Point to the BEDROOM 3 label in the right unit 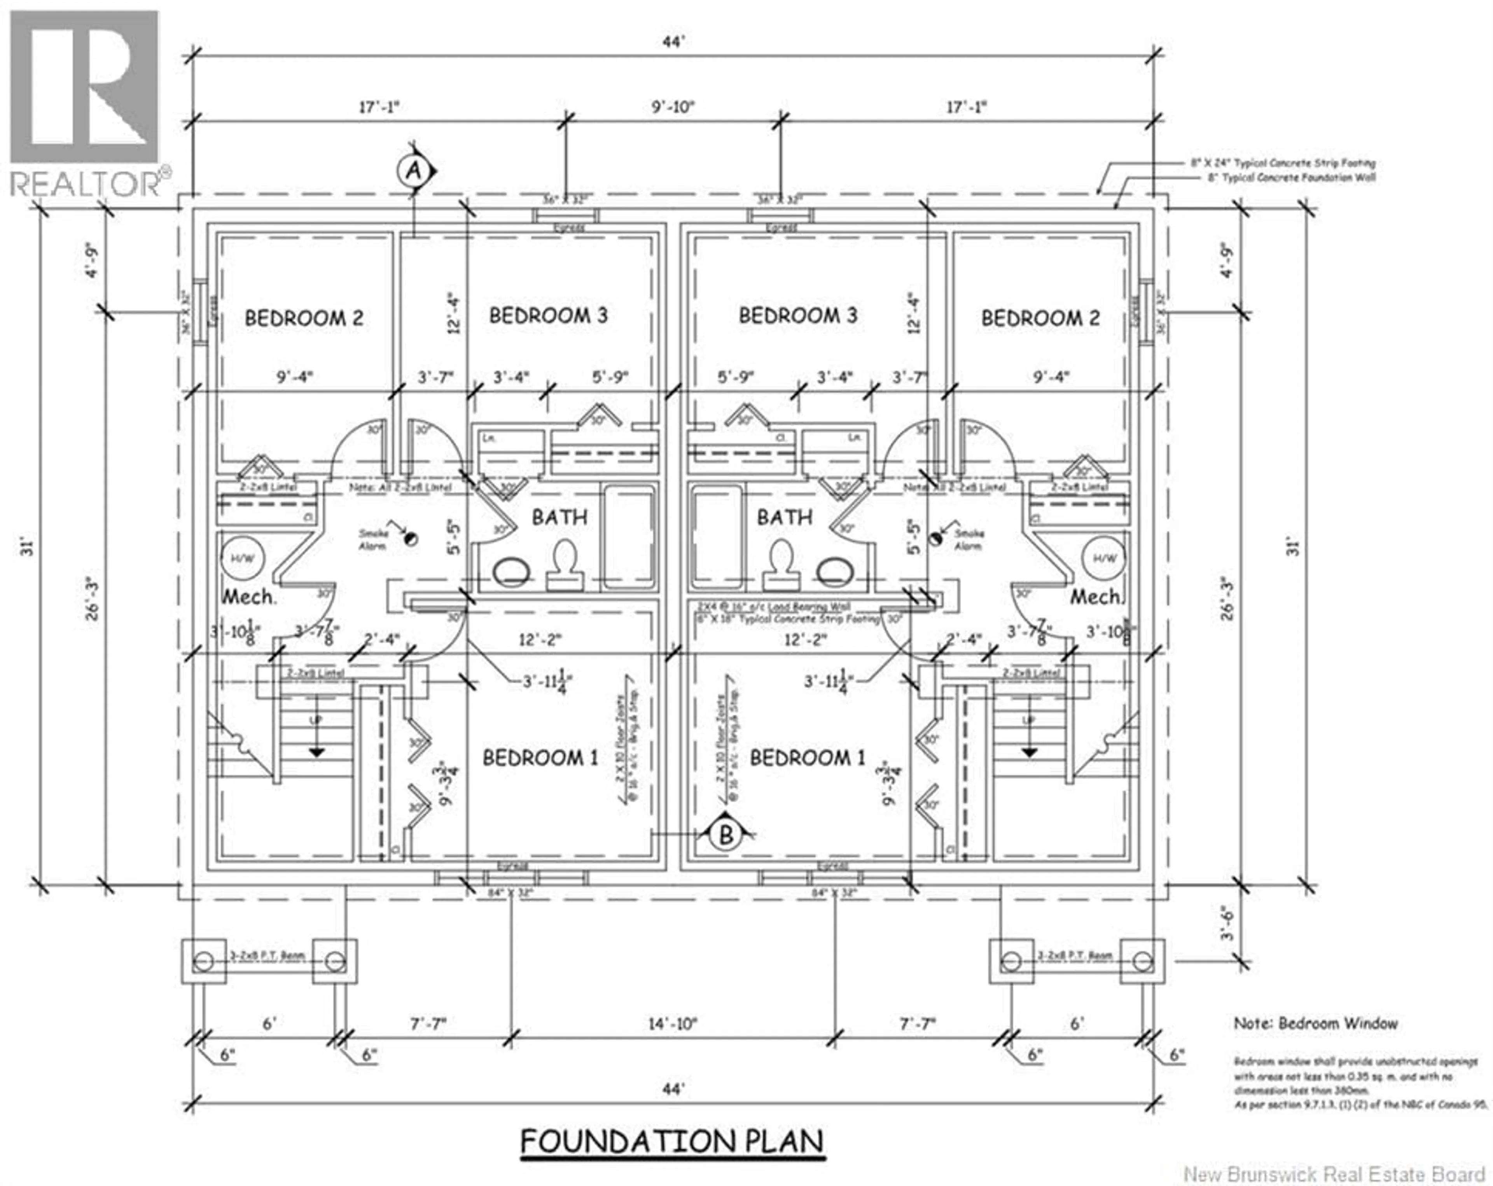pyautogui.click(x=798, y=316)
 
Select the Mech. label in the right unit pyautogui.click(x=1096, y=596)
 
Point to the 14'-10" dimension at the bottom pyautogui.click(x=672, y=1023)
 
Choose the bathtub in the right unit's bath pyautogui.click(x=717, y=537)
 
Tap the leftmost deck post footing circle pyautogui.click(x=204, y=962)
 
